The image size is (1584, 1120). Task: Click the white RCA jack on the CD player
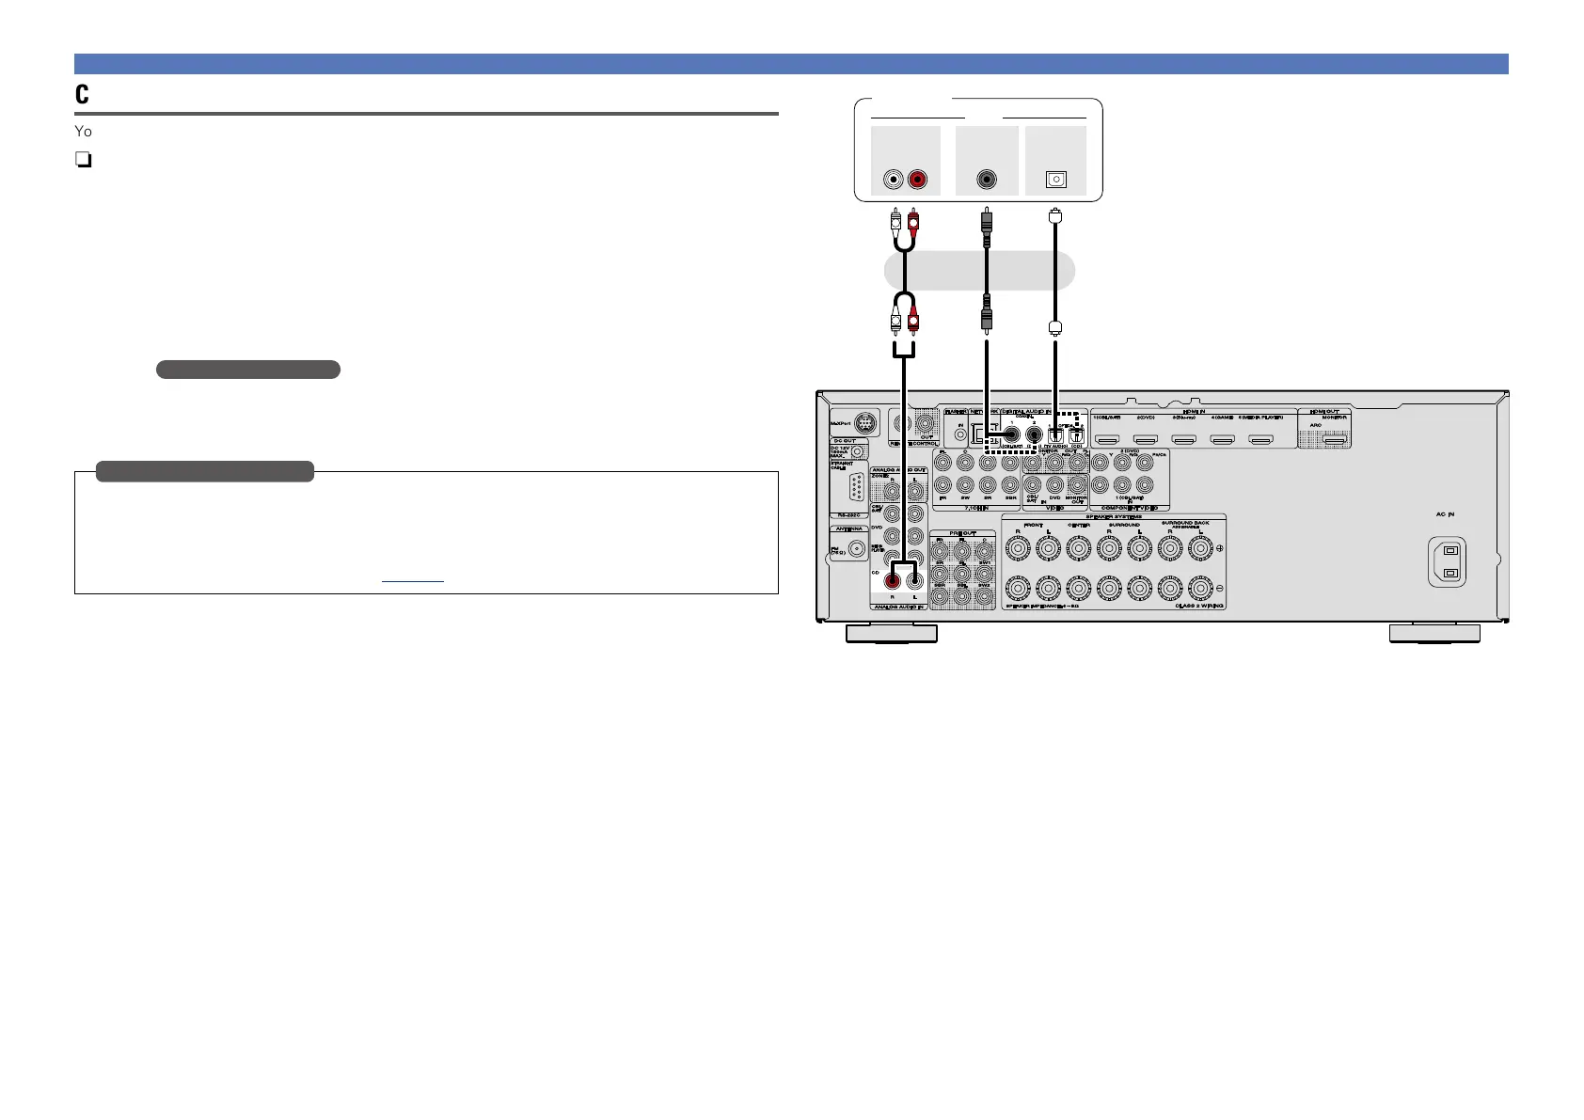pos(894,180)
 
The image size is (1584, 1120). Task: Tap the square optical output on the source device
pos(1056,180)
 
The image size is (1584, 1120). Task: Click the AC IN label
pos(1445,514)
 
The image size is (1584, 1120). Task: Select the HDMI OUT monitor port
pos(1335,439)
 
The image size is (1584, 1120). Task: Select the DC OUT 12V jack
pos(857,452)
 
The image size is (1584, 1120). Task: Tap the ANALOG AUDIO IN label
pos(898,607)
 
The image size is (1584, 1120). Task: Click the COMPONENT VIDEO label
pos(1130,508)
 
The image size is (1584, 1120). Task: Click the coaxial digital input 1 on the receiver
pos(1011,434)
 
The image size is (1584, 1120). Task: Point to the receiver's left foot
pos(891,634)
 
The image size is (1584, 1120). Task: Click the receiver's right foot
pos(1434,634)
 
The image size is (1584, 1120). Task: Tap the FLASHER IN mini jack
pos(960,434)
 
